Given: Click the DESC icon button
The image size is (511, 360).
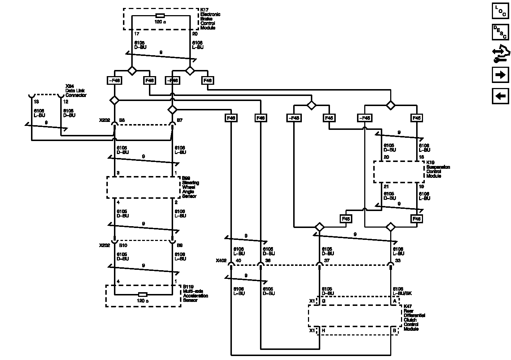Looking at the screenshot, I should coord(500,32).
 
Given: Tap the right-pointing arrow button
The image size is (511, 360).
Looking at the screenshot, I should coord(500,75).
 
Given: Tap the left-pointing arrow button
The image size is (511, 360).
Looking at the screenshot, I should coord(500,96).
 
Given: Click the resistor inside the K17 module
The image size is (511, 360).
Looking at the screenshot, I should coord(160,16).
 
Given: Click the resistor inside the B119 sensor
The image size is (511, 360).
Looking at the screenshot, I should coord(143,294).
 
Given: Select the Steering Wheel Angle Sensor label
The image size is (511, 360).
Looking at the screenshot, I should coord(190,187).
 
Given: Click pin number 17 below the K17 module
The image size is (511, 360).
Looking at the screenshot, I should coord(137,34).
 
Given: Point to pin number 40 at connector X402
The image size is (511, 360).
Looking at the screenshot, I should coord(238,260).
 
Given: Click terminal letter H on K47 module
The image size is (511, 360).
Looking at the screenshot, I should coord(323,330).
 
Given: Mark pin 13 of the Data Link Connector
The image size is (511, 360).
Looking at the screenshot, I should coord(36,102).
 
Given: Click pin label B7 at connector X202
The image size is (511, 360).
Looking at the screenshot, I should coord(180,120).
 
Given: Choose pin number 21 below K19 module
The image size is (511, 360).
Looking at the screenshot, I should coord(386,186).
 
